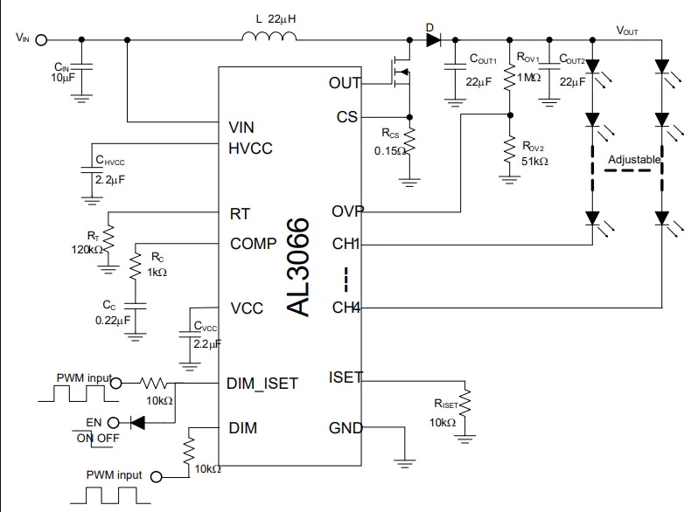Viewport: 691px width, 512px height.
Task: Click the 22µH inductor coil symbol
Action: (269, 36)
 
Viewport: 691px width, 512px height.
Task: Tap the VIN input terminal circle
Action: (41, 40)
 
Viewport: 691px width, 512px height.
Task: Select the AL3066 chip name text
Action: (297, 266)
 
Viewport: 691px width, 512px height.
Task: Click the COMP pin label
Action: (253, 244)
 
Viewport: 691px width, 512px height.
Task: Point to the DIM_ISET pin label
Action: (262, 384)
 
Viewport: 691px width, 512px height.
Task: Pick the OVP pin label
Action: (347, 211)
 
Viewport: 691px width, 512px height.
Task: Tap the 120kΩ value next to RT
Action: (87, 250)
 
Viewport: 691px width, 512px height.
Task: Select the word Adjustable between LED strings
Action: (634, 159)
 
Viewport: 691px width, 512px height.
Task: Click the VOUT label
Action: (626, 31)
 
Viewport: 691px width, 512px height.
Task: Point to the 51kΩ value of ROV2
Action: (534, 162)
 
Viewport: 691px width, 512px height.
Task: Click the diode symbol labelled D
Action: (433, 40)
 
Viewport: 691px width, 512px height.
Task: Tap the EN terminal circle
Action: (113, 423)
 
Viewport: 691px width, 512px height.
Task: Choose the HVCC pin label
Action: (250, 149)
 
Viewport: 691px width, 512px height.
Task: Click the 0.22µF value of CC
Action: (113, 320)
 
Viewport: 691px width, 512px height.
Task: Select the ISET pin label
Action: (345, 377)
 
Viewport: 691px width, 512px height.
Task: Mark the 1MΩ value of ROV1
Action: (529, 78)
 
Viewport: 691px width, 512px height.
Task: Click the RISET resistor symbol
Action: (464, 403)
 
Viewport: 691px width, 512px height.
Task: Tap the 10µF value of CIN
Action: (63, 78)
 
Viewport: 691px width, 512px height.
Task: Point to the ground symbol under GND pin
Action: (405, 463)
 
